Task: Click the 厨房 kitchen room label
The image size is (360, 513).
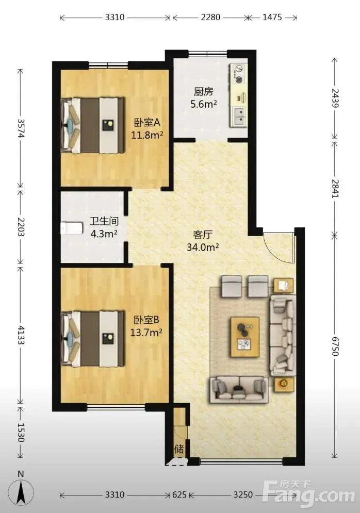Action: pyautogui.click(x=203, y=91)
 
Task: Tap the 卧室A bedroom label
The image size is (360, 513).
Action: pyautogui.click(x=147, y=123)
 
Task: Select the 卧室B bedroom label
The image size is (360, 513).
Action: pyautogui.click(x=146, y=320)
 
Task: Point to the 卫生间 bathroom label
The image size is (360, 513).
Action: pyautogui.click(x=104, y=221)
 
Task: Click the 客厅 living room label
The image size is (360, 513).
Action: pyautogui.click(x=203, y=235)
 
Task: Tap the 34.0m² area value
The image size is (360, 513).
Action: pyautogui.click(x=203, y=247)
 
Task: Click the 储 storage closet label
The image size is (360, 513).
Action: pyautogui.click(x=179, y=449)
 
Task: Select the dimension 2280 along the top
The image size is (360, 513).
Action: pyautogui.click(x=210, y=17)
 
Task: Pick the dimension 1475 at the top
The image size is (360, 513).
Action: pyautogui.click(x=272, y=17)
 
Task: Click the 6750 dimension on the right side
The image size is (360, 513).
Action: pyautogui.click(x=335, y=345)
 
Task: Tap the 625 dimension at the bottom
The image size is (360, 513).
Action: pyautogui.click(x=179, y=494)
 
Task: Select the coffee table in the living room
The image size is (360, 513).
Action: pyautogui.click(x=245, y=337)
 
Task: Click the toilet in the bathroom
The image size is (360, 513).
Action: pyautogui.click(x=72, y=228)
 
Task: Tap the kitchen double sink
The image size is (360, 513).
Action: pyautogui.click(x=240, y=117)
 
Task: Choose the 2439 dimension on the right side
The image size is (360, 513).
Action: pyautogui.click(x=335, y=98)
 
